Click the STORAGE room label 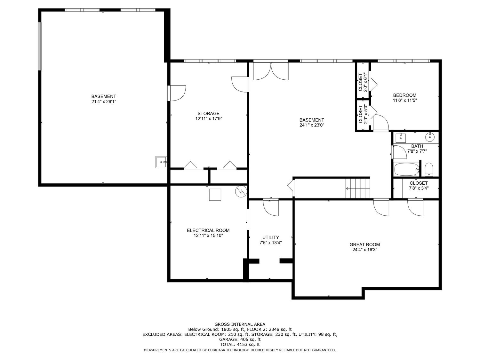(208, 114)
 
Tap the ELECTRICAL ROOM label (208, 230)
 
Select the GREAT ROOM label (364, 244)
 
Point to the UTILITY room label (270, 237)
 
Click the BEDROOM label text (404, 95)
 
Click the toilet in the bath (429, 169)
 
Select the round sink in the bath (430, 137)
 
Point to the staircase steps (357, 188)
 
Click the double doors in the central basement (271, 71)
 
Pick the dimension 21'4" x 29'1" (104, 102)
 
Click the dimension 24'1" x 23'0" (312, 125)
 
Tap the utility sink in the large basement (161, 162)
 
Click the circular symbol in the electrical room (241, 192)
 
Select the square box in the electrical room (215, 195)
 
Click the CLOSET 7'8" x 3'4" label (419, 186)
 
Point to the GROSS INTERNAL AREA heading (240, 324)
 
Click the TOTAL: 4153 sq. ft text (240, 345)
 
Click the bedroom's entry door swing (381, 123)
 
